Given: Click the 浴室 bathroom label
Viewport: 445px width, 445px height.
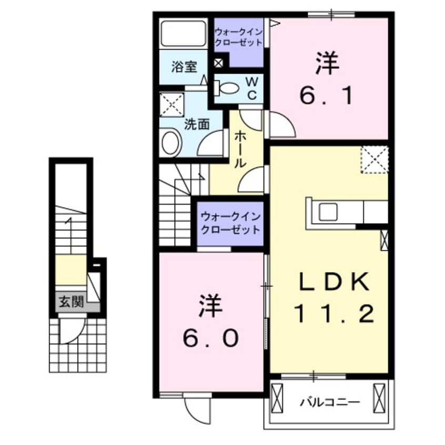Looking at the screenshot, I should pyautogui.click(x=184, y=67).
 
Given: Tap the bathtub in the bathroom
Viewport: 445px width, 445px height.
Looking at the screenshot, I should pyautogui.click(x=183, y=33).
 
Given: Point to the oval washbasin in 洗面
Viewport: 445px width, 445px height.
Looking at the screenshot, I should pyautogui.click(x=170, y=142).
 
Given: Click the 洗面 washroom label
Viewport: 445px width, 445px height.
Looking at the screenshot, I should pyautogui.click(x=197, y=124).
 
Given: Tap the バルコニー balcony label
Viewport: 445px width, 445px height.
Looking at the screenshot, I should pyautogui.click(x=330, y=403).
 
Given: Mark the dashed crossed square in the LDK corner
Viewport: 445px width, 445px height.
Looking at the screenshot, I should pyautogui.click(x=375, y=160).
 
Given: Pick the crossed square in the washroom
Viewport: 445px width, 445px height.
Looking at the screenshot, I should pyautogui.click(x=172, y=105).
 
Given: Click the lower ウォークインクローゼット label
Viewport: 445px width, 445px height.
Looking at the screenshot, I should pyautogui.click(x=230, y=223).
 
